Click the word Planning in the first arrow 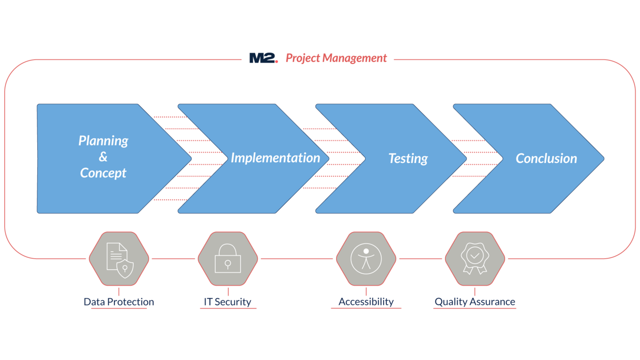(103, 141)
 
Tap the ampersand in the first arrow (103, 157)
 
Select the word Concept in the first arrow (103, 173)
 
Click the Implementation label (275, 158)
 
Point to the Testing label (408, 159)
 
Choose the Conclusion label (546, 159)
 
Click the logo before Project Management (263, 58)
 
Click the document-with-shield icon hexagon (119, 259)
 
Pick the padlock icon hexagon (227, 259)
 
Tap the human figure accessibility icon (366, 258)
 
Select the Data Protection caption (119, 302)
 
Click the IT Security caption (227, 302)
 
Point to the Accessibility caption (366, 302)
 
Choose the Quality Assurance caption (475, 302)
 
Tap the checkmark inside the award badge (475, 254)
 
